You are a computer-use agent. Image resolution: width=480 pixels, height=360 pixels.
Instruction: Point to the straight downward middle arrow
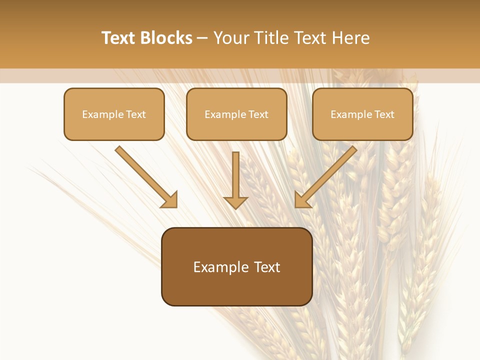click(x=235, y=175)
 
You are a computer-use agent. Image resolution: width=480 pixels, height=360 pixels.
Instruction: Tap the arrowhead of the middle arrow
click(x=235, y=202)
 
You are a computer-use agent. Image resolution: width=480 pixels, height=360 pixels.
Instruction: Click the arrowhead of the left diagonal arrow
click(x=170, y=200)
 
